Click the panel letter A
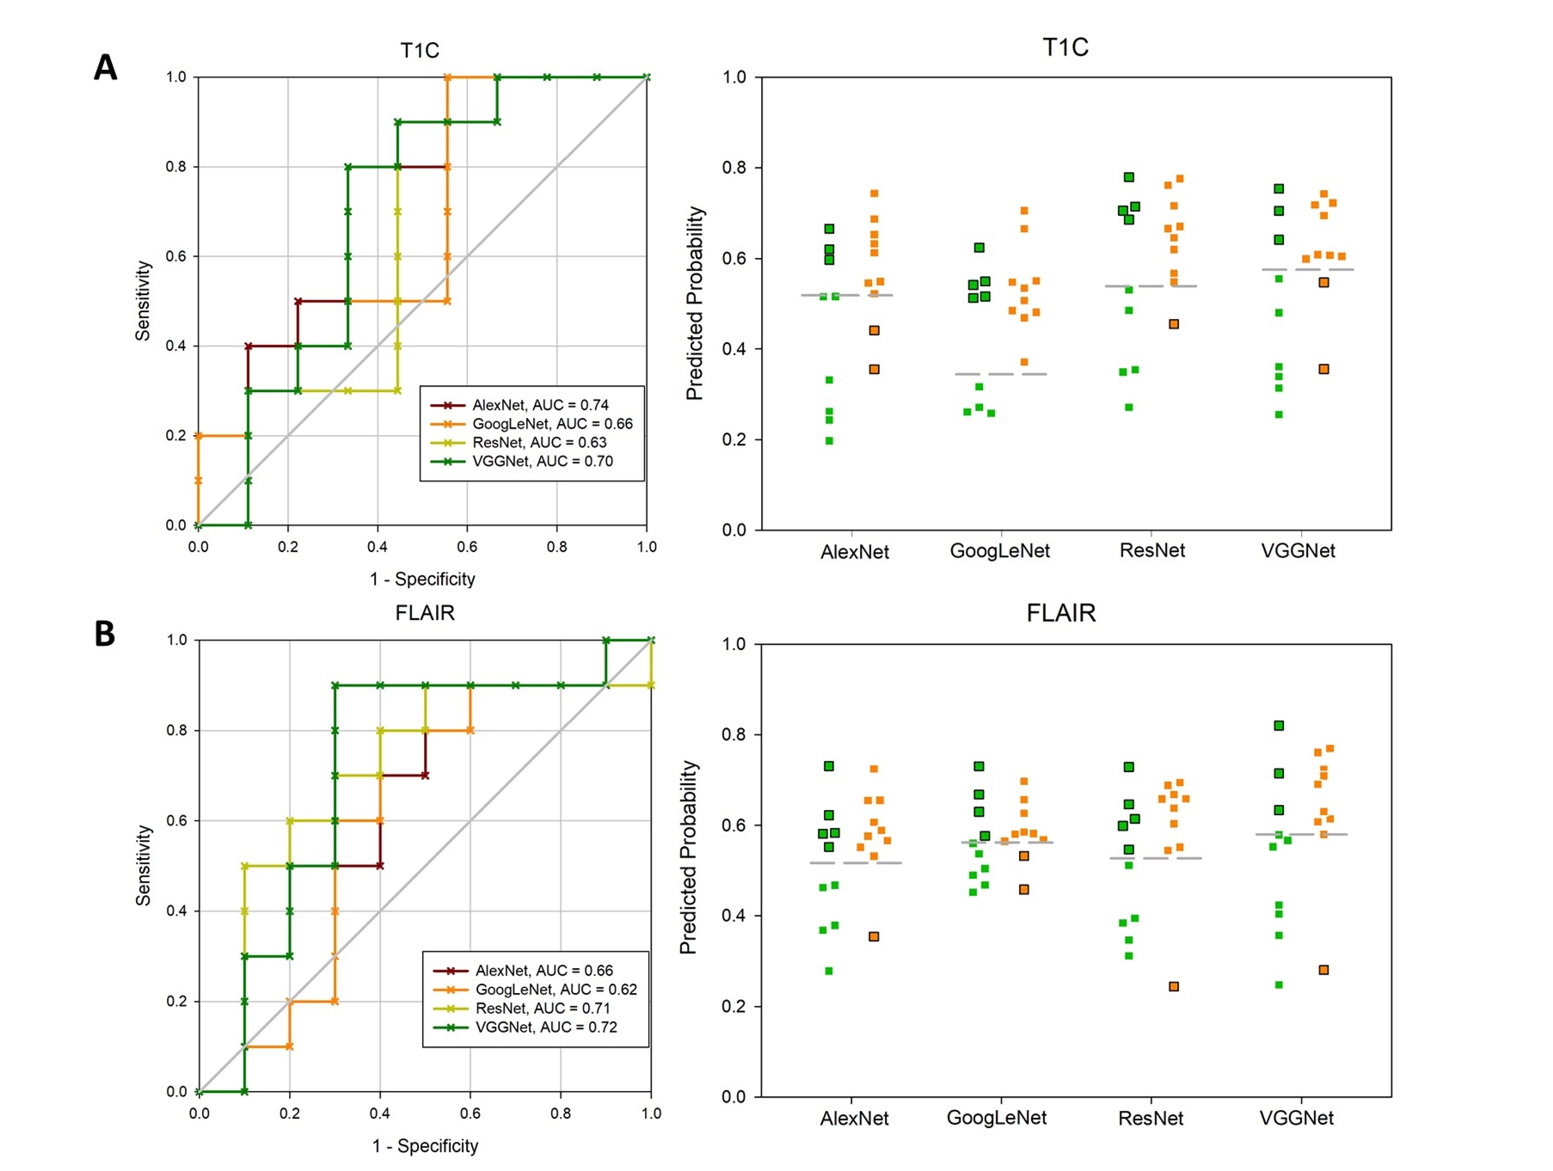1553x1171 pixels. click(105, 67)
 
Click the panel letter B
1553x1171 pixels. click(104, 634)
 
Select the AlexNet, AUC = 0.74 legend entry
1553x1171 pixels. click(539, 405)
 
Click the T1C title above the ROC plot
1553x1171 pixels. click(420, 51)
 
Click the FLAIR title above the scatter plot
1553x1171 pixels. click(1061, 613)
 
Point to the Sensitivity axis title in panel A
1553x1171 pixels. click(143, 301)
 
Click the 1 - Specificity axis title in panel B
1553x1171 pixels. click(425, 1146)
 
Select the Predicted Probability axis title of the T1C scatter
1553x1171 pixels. click(694, 303)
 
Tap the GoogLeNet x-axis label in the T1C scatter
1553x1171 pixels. click(999, 551)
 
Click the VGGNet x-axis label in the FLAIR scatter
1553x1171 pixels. click(1297, 1119)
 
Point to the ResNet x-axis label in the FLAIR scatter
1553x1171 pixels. click(1151, 1119)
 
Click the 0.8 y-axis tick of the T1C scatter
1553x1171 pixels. click(734, 168)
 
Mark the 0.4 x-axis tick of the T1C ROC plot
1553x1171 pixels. click(377, 547)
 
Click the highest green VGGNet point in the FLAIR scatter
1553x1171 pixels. click(1279, 726)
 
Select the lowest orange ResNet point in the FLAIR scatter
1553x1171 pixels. click(1174, 986)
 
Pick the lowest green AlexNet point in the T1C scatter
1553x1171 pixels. click(829, 441)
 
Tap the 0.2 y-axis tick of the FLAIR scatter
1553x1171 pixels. click(734, 1007)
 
